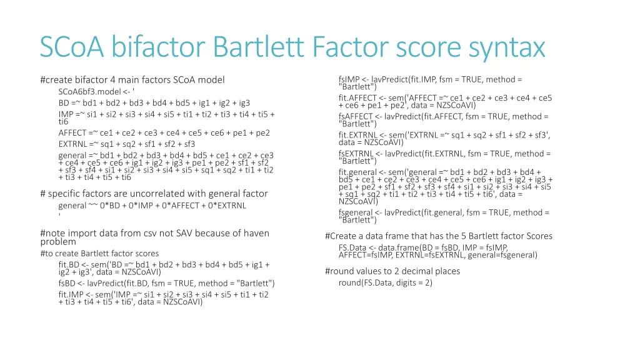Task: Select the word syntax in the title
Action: coord(506,47)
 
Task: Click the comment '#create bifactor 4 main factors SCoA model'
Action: coord(132,79)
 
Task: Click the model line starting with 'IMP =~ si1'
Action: coord(166,114)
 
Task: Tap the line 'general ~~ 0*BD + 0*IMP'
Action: coord(152,205)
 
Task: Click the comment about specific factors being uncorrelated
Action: coord(153,194)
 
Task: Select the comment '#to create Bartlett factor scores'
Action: coord(99,253)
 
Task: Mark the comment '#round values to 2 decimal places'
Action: coord(392,271)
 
